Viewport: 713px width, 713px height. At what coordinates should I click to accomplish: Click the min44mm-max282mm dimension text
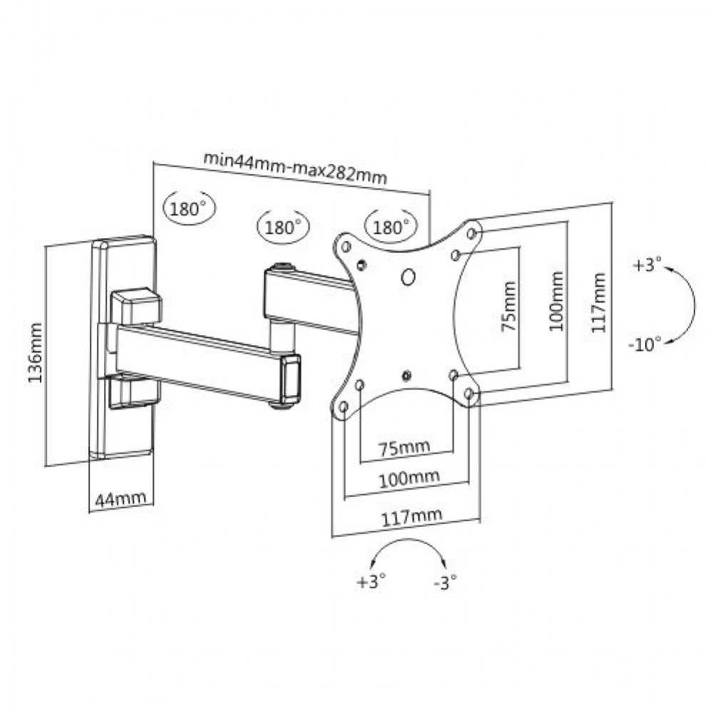click(294, 168)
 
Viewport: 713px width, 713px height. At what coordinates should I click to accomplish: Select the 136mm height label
click(35, 352)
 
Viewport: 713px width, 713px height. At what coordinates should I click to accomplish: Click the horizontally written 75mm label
click(404, 447)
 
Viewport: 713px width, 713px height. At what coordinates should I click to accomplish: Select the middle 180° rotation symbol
click(282, 227)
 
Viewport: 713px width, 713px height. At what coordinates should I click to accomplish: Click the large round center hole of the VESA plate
click(409, 276)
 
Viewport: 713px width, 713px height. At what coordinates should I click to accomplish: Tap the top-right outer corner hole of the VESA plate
click(471, 232)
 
